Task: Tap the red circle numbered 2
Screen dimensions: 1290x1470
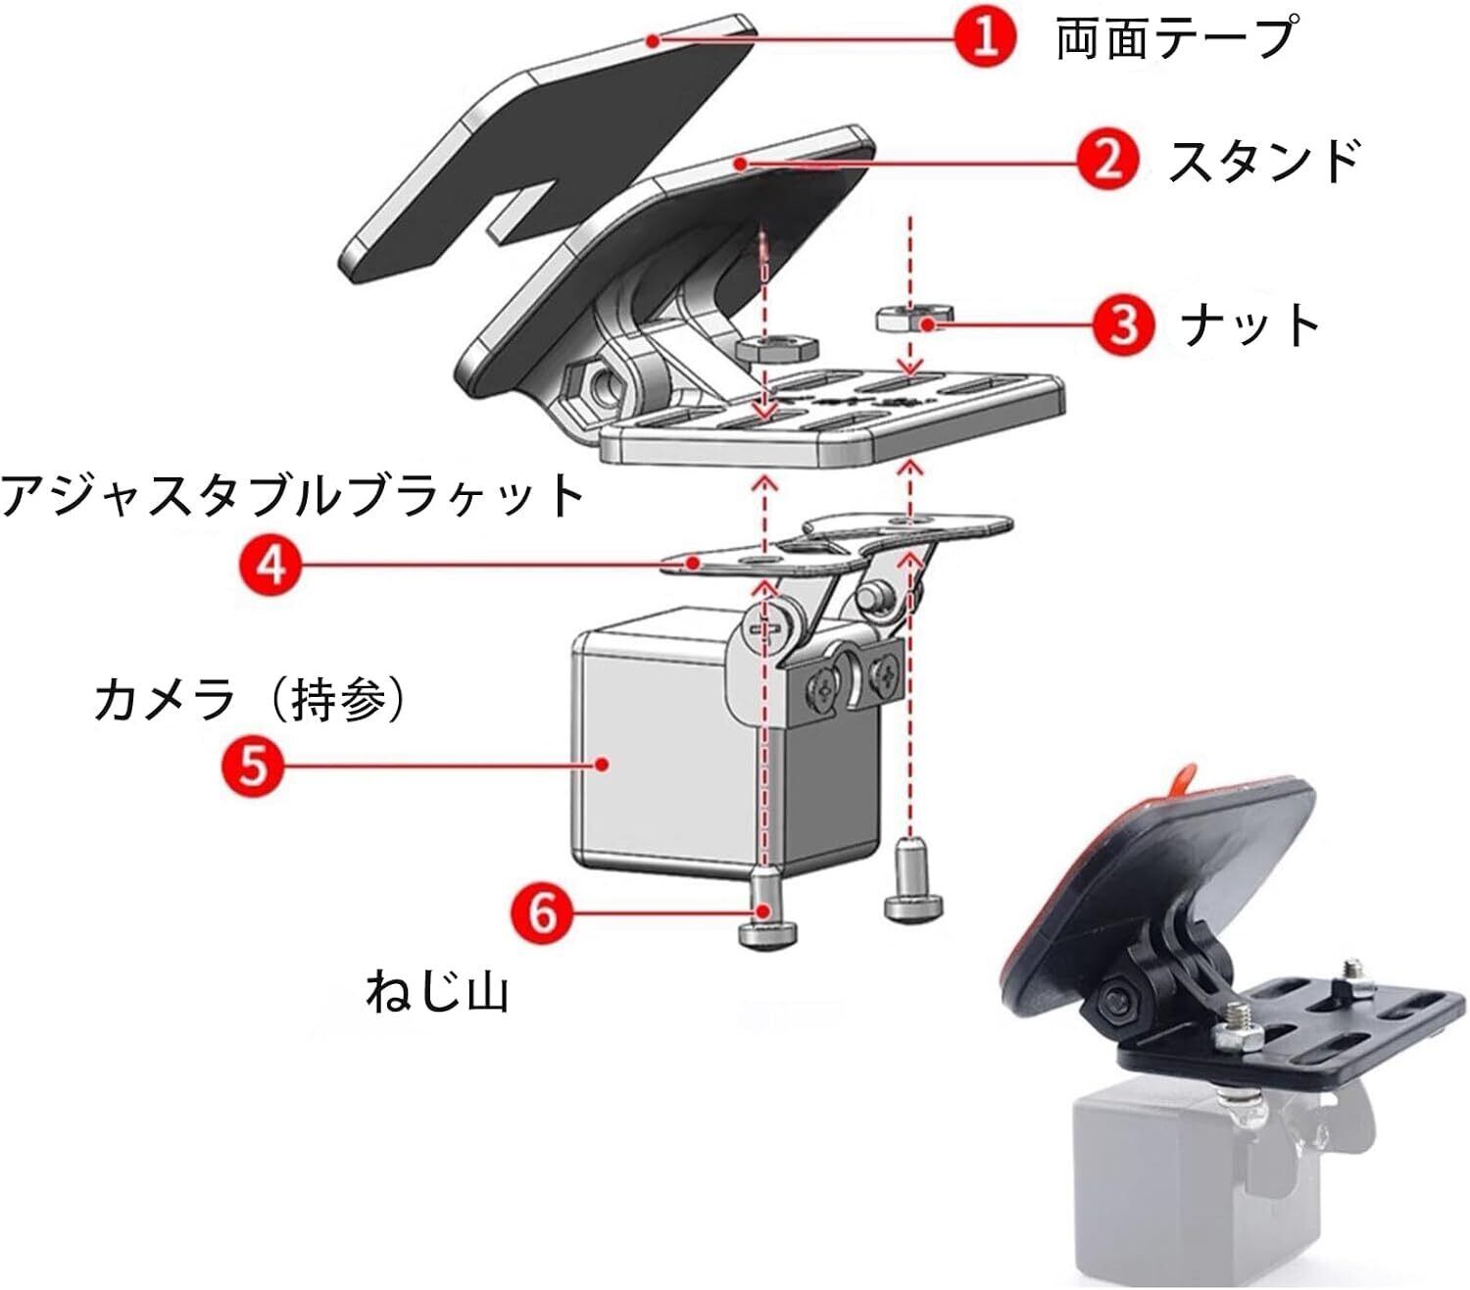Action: pos(1107,160)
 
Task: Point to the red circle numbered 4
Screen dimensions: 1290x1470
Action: pos(271,564)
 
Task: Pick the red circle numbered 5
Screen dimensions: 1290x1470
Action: pos(253,765)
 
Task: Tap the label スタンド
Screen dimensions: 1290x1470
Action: pos(1263,161)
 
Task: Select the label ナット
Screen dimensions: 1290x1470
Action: pos(1250,324)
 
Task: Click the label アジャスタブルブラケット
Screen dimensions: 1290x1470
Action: pos(292,495)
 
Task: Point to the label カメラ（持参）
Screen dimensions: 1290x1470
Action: pos(250,700)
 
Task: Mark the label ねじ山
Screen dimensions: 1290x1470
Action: pos(437,992)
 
